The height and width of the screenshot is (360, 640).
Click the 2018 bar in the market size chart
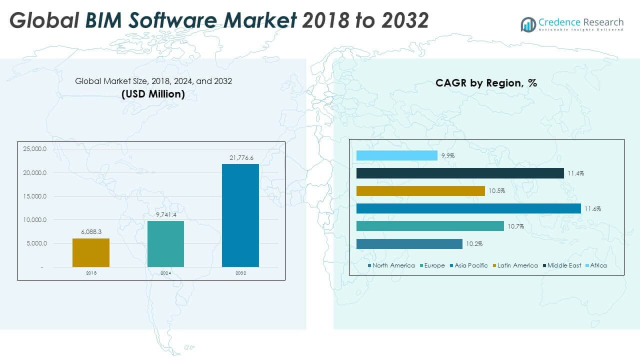tap(91, 252)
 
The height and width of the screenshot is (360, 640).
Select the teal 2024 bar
tap(165, 243)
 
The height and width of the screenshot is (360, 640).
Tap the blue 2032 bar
tap(240, 215)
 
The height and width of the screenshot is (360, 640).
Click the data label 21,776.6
tap(241, 158)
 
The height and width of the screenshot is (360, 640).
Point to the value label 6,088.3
tap(91, 232)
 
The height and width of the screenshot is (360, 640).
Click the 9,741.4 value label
tap(165, 214)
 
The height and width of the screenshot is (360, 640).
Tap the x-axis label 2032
tap(240, 273)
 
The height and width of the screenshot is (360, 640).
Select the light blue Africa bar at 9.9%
tap(396, 155)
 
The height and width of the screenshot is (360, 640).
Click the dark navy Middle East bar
tap(460, 173)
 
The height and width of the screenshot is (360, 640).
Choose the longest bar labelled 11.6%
tap(468, 208)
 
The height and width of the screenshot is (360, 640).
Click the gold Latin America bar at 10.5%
tap(420, 191)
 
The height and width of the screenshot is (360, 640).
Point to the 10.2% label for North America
tap(473, 244)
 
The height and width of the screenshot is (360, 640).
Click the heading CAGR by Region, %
tap(486, 83)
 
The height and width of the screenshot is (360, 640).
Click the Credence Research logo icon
tap(528, 24)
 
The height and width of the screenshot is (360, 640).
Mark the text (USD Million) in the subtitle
tap(153, 94)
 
